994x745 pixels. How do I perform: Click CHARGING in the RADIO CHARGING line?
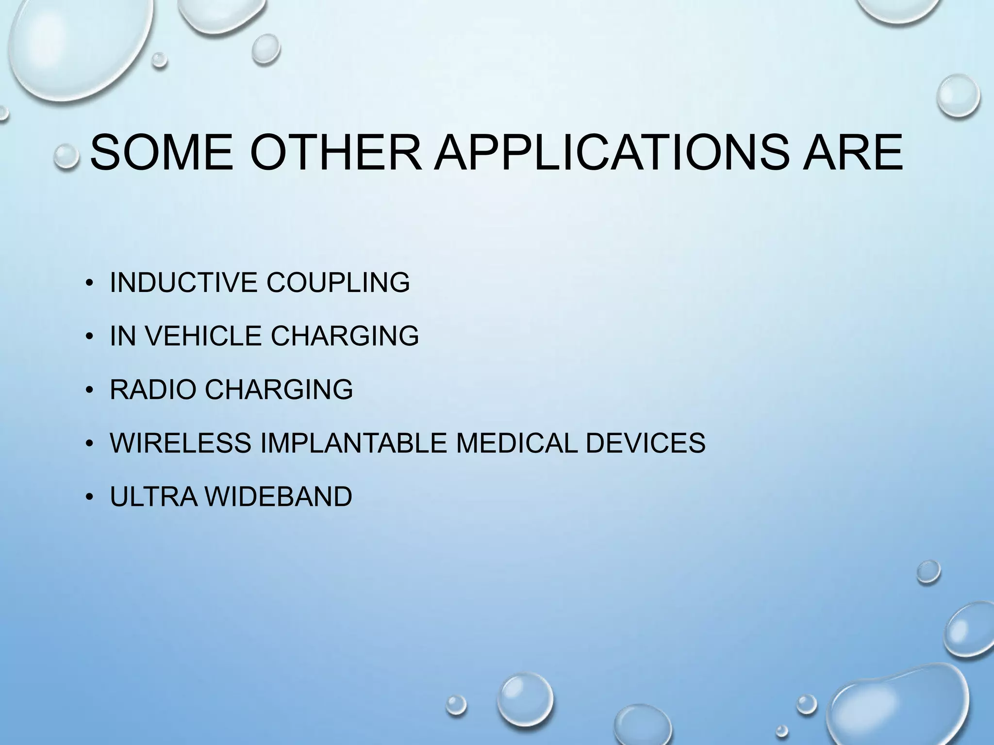tap(279, 389)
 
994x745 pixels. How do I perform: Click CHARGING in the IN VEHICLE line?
tap(345, 336)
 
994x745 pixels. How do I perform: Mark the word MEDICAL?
tap(517, 442)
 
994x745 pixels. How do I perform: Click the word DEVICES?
tap(646, 442)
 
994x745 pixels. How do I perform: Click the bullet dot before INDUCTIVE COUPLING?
tap(89, 284)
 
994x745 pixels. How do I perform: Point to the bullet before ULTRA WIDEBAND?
tap(89, 498)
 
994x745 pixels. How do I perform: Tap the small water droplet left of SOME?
tap(66, 157)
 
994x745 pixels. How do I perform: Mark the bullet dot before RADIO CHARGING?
tap(89, 390)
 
